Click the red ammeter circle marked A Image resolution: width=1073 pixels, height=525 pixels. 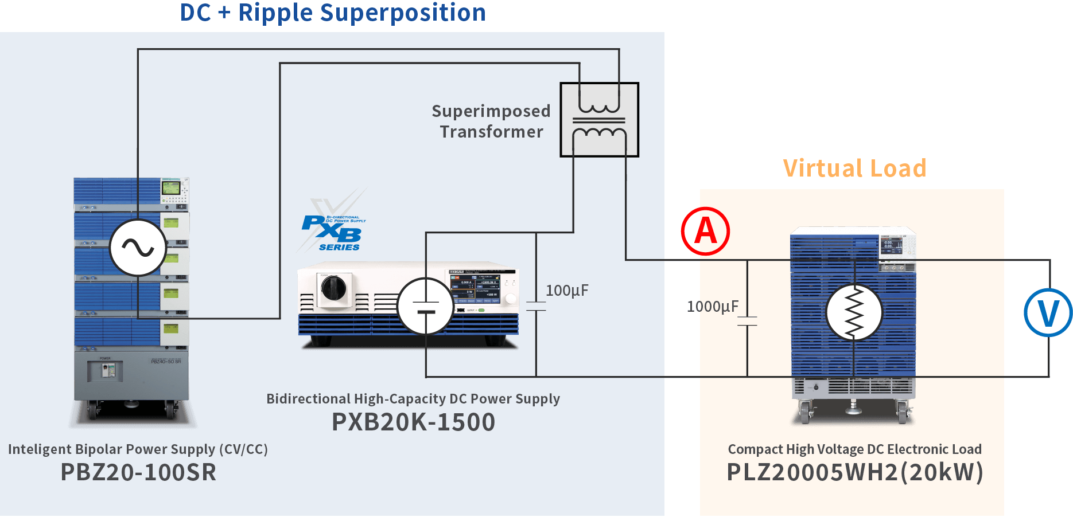point(705,231)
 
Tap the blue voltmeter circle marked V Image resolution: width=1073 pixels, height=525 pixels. point(1048,312)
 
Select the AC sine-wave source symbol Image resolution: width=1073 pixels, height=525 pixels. point(138,248)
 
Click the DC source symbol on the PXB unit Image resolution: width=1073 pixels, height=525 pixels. point(425,306)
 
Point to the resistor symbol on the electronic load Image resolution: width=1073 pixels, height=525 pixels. point(854,312)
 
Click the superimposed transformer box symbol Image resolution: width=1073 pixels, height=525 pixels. point(599,120)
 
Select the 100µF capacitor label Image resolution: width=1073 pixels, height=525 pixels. point(566,291)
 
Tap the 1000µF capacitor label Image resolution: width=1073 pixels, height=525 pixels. point(712,307)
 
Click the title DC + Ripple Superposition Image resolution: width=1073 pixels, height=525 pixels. point(333,13)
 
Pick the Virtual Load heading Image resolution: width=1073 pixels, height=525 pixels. point(854,169)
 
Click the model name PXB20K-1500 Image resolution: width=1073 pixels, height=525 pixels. point(413,422)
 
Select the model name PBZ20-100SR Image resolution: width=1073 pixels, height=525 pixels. point(138,472)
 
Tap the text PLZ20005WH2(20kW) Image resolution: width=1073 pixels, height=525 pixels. point(854,472)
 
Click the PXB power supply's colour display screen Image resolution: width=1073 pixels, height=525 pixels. point(476,289)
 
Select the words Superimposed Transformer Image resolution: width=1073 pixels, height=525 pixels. point(491,121)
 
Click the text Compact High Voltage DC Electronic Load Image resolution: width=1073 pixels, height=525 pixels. point(854,449)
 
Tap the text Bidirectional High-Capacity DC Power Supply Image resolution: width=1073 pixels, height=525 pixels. point(413,399)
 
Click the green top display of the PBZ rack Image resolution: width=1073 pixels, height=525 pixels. point(171,187)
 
